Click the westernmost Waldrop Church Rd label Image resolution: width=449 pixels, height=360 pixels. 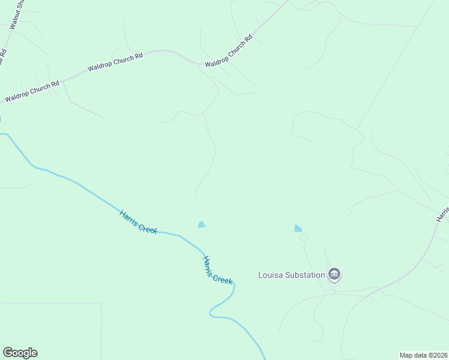click(32, 91)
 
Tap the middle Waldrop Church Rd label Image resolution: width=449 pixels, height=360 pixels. click(115, 62)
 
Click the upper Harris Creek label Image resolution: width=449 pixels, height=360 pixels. click(138, 222)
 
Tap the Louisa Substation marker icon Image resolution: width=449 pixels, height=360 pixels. click(335, 275)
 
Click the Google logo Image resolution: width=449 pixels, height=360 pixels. click(20, 353)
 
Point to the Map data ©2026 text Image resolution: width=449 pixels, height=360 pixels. click(424, 355)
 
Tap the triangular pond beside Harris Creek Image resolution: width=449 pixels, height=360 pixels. click(202, 224)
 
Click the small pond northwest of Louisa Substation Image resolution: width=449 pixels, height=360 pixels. click(298, 228)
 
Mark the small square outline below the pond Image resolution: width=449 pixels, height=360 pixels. click(304, 238)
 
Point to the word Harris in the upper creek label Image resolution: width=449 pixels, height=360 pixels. click(129, 217)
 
